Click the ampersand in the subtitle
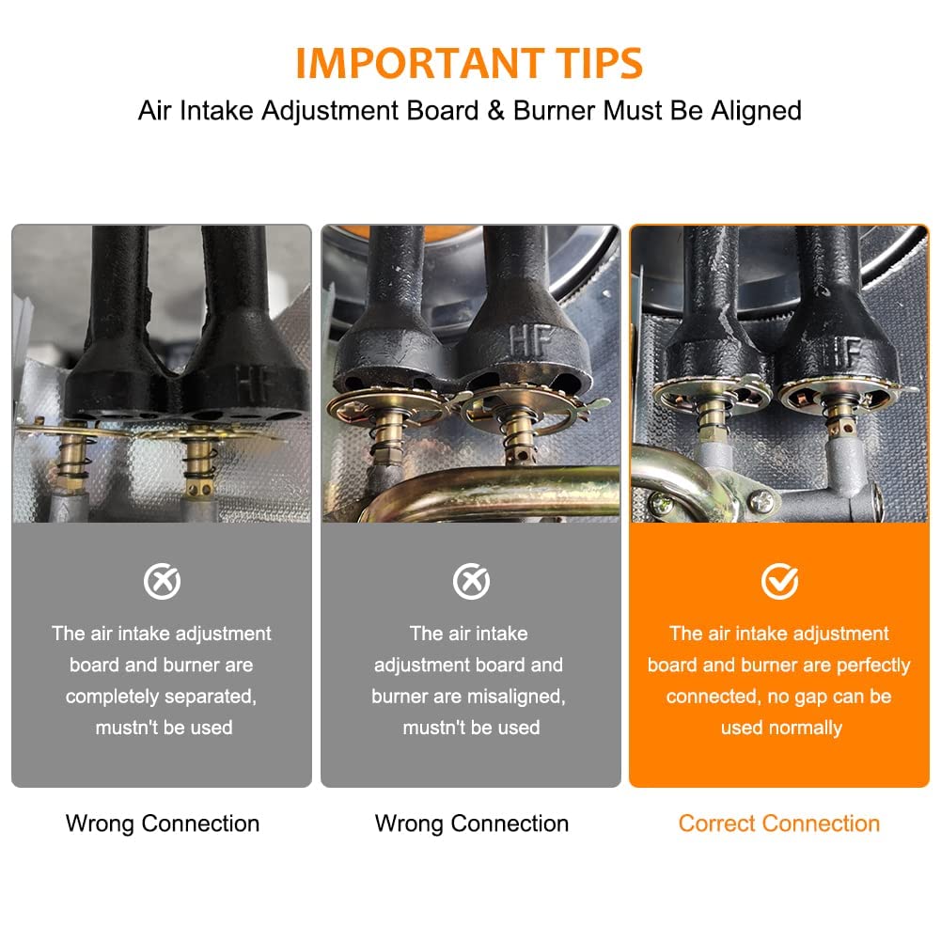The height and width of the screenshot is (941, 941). [x=495, y=110]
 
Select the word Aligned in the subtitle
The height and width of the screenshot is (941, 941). [x=756, y=111]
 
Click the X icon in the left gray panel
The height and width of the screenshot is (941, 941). [x=162, y=581]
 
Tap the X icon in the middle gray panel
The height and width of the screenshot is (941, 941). [x=471, y=581]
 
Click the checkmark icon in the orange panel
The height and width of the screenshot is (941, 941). [x=779, y=581]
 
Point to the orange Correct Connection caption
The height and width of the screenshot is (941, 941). [x=779, y=823]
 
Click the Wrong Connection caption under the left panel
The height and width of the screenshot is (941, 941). [x=163, y=824]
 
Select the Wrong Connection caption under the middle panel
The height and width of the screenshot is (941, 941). [x=472, y=824]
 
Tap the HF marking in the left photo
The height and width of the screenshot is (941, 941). [x=255, y=384]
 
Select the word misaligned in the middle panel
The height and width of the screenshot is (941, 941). [x=516, y=697]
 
